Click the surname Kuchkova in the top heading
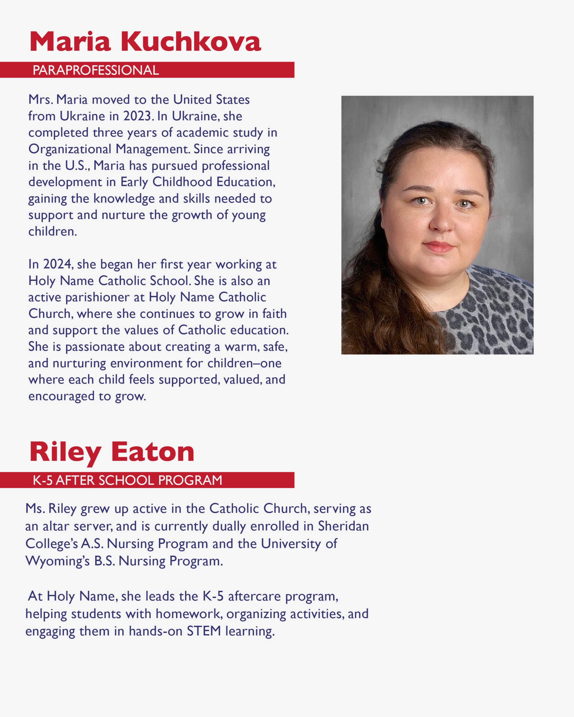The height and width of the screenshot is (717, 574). pos(191,42)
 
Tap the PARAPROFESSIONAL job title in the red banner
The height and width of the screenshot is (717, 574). pos(96,70)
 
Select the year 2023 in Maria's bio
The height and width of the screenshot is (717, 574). pos(137,116)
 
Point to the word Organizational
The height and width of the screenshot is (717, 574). pos(70,149)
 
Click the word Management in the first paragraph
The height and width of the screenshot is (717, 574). pos(153,149)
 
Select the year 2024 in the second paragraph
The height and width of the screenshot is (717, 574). pos(57,264)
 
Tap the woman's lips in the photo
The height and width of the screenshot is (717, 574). pos(438,247)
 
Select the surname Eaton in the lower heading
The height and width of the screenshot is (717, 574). pos(152,452)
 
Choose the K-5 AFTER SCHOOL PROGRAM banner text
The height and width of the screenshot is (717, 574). pos(127,480)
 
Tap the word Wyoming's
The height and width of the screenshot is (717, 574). pos(57,561)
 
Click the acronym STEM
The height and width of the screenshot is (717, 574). pos(204,631)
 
